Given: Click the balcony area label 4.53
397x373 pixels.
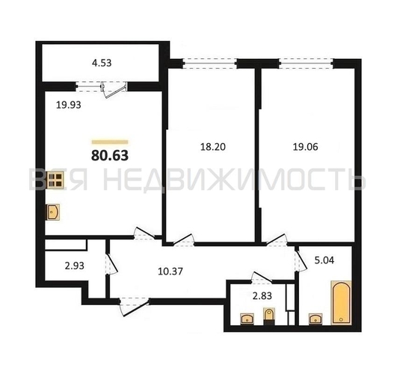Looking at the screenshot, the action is click(x=102, y=63).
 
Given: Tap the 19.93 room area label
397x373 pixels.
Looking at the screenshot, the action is click(x=69, y=105).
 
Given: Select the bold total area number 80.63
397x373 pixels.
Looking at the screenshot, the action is click(x=110, y=155).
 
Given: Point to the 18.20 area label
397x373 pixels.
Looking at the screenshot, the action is click(x=213, y=147).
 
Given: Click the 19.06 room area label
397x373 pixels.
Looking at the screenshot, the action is click(x=305, y=147).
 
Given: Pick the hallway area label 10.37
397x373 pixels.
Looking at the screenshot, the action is click(x=170, y=272).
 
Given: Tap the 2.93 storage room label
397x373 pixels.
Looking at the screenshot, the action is click(x=75, y=266).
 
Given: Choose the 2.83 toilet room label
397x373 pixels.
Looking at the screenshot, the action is click(x=262, y=295).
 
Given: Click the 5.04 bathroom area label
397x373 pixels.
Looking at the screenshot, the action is click(x=324, y=260).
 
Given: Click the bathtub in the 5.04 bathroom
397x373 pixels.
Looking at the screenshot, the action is click(x=341, y=302).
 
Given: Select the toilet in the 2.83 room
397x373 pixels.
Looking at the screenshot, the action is click(x=269, y=316).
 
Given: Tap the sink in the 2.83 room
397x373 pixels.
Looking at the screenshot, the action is click(x=247, y=319).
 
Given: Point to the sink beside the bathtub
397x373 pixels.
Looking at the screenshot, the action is click(x=316, y=319).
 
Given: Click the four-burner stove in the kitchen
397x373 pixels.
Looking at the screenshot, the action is click(x=55, y=181).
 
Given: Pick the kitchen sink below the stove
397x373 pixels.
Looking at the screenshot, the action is click(x=52, y=212).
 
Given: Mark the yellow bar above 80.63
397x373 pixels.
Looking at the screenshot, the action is click(x=110, y=142).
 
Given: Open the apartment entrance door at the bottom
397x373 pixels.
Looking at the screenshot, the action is click(x=134, y=307).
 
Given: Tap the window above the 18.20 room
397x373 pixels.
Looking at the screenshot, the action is click(x=209, y=63).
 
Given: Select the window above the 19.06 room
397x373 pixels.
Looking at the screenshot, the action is click(x=306, y=63).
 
